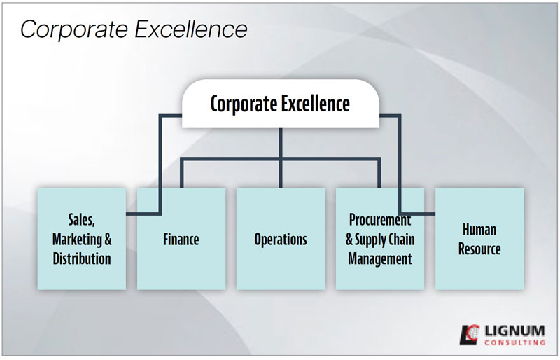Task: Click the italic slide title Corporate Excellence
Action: pos(134,29)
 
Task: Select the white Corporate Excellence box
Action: pos(281,104)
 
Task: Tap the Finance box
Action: pos(181,239)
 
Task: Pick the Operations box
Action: pos(281,239)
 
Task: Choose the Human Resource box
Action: pos(479,239)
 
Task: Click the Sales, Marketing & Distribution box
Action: pos(82,239)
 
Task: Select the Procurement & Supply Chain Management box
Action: pos(380,239)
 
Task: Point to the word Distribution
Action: pos(82,258)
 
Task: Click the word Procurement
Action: pos(380,220)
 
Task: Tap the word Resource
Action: pos(479,249)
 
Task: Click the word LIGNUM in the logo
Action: pos(514,331)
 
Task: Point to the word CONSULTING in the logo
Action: pos(514,342)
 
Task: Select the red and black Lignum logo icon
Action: pos(469,335)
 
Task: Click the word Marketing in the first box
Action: pos(77,239)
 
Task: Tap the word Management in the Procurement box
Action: pos(380,258)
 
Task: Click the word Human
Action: pos(479,230)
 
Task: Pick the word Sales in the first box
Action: pos(81,220)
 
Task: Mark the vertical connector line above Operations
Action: pos(281,158)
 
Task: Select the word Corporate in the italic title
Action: pos(74,29)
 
